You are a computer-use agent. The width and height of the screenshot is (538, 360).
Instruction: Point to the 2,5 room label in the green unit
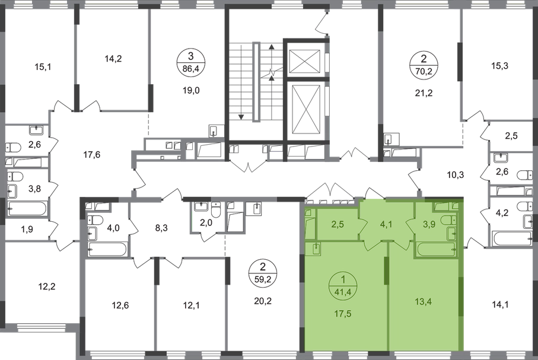(x=338, y=224)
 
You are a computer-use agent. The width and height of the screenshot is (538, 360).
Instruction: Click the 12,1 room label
(x=188, y=306)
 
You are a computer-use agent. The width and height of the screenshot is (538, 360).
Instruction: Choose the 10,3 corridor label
(x=454, y=176)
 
